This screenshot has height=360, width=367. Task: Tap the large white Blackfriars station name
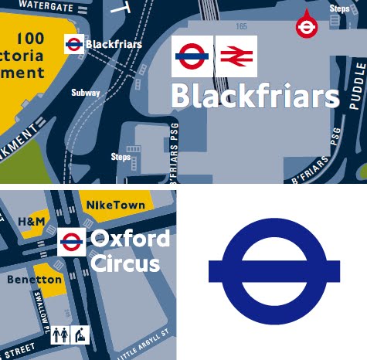coord(254,97)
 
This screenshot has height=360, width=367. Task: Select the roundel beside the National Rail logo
coord(192,56)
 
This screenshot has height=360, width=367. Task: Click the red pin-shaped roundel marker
coord(306,26)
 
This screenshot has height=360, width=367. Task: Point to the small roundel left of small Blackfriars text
coord(74,44)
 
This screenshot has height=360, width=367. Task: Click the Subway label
coord(86,93)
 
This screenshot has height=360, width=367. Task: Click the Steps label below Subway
coord(121,157)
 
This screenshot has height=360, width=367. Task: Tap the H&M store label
coord(31,222)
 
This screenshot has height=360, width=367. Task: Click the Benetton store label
coord(34,279)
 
